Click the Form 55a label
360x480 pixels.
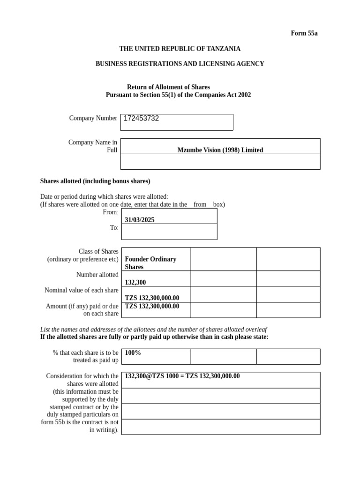coord(304,33)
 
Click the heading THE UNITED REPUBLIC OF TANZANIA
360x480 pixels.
coord(180,49)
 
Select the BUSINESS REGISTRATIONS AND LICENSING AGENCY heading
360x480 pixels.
coord(180,64)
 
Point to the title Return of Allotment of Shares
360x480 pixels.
coord(168,87)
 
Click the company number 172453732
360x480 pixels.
coord(141,119)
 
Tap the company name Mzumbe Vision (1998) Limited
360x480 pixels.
coord(220,150)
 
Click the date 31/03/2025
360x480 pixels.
coord(139,220)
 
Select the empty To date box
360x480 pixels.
coord(169,232)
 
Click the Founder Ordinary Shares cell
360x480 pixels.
coord(150,263)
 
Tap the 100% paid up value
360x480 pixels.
coord(133,352)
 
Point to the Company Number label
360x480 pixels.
coord(93,118)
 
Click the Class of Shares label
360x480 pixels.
coord(98,251)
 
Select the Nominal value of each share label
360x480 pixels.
coord(81,290)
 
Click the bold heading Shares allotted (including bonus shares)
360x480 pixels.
coord(95,181)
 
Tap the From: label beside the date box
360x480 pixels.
coord(110,212)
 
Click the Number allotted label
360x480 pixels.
coord(97,275)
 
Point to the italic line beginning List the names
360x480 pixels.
coord(154,330)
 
